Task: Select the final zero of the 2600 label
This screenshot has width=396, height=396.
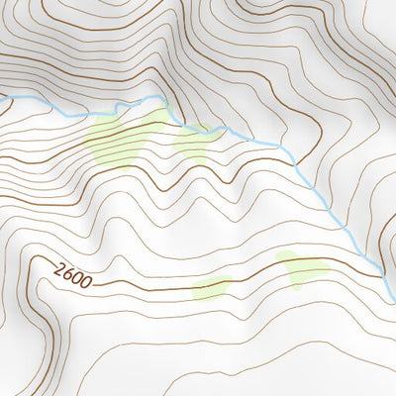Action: pos(87,283)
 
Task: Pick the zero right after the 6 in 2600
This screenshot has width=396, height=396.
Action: pos(78,278)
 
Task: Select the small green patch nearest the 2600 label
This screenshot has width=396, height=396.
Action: pos(210,288)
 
